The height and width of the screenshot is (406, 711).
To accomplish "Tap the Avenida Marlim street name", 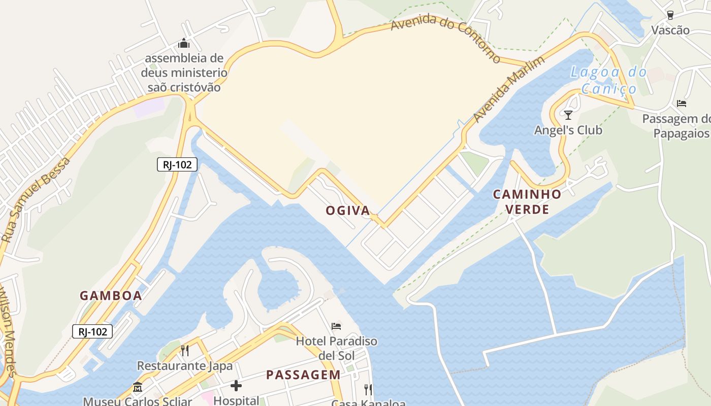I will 509,89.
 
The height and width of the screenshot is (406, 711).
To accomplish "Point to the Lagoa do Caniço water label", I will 608,80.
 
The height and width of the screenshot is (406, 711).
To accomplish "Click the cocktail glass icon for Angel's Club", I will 568,115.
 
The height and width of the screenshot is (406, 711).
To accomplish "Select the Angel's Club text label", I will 568,130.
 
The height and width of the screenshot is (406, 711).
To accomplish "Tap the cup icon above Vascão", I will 670,15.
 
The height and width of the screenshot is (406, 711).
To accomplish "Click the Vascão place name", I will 670,30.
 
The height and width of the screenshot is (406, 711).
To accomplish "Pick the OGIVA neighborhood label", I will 348,211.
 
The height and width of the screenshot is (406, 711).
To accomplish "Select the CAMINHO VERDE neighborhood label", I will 527,201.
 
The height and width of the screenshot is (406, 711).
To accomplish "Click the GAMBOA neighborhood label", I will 111,296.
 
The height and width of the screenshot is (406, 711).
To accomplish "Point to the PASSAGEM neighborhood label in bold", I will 303,375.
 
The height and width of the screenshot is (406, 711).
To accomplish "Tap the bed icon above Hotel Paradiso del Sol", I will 336,326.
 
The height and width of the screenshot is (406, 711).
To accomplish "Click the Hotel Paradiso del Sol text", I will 337,348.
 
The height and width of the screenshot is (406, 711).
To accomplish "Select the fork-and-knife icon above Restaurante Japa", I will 185,350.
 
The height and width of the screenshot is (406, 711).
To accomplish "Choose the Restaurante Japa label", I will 185,366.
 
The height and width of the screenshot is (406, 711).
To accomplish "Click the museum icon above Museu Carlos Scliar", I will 137,388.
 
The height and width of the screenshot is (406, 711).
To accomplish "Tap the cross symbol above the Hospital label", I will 236,386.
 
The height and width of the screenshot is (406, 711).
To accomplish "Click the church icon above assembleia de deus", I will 184,44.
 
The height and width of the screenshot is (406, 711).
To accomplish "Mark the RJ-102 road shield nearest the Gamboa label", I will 92,332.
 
